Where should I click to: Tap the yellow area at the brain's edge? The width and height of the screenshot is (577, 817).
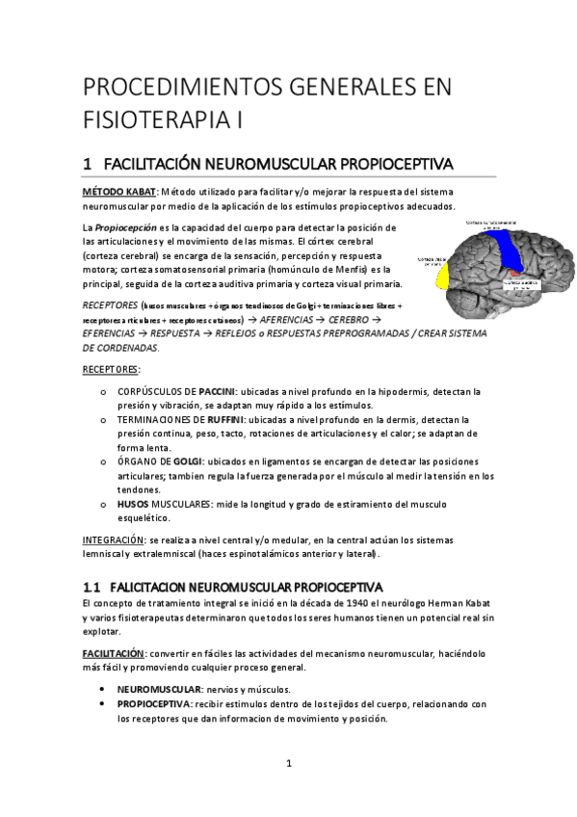(x=443, y=277)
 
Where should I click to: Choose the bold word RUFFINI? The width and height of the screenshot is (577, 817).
(x=226, y=420)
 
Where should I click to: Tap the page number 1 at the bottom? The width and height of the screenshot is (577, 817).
(x=289, y=764)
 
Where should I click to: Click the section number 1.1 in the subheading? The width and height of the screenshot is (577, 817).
(x=92, y=587)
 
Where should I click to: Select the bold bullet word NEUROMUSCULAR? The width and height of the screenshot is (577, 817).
(x=159, y=690)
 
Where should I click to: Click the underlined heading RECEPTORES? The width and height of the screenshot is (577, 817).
(x=111, y=369)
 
